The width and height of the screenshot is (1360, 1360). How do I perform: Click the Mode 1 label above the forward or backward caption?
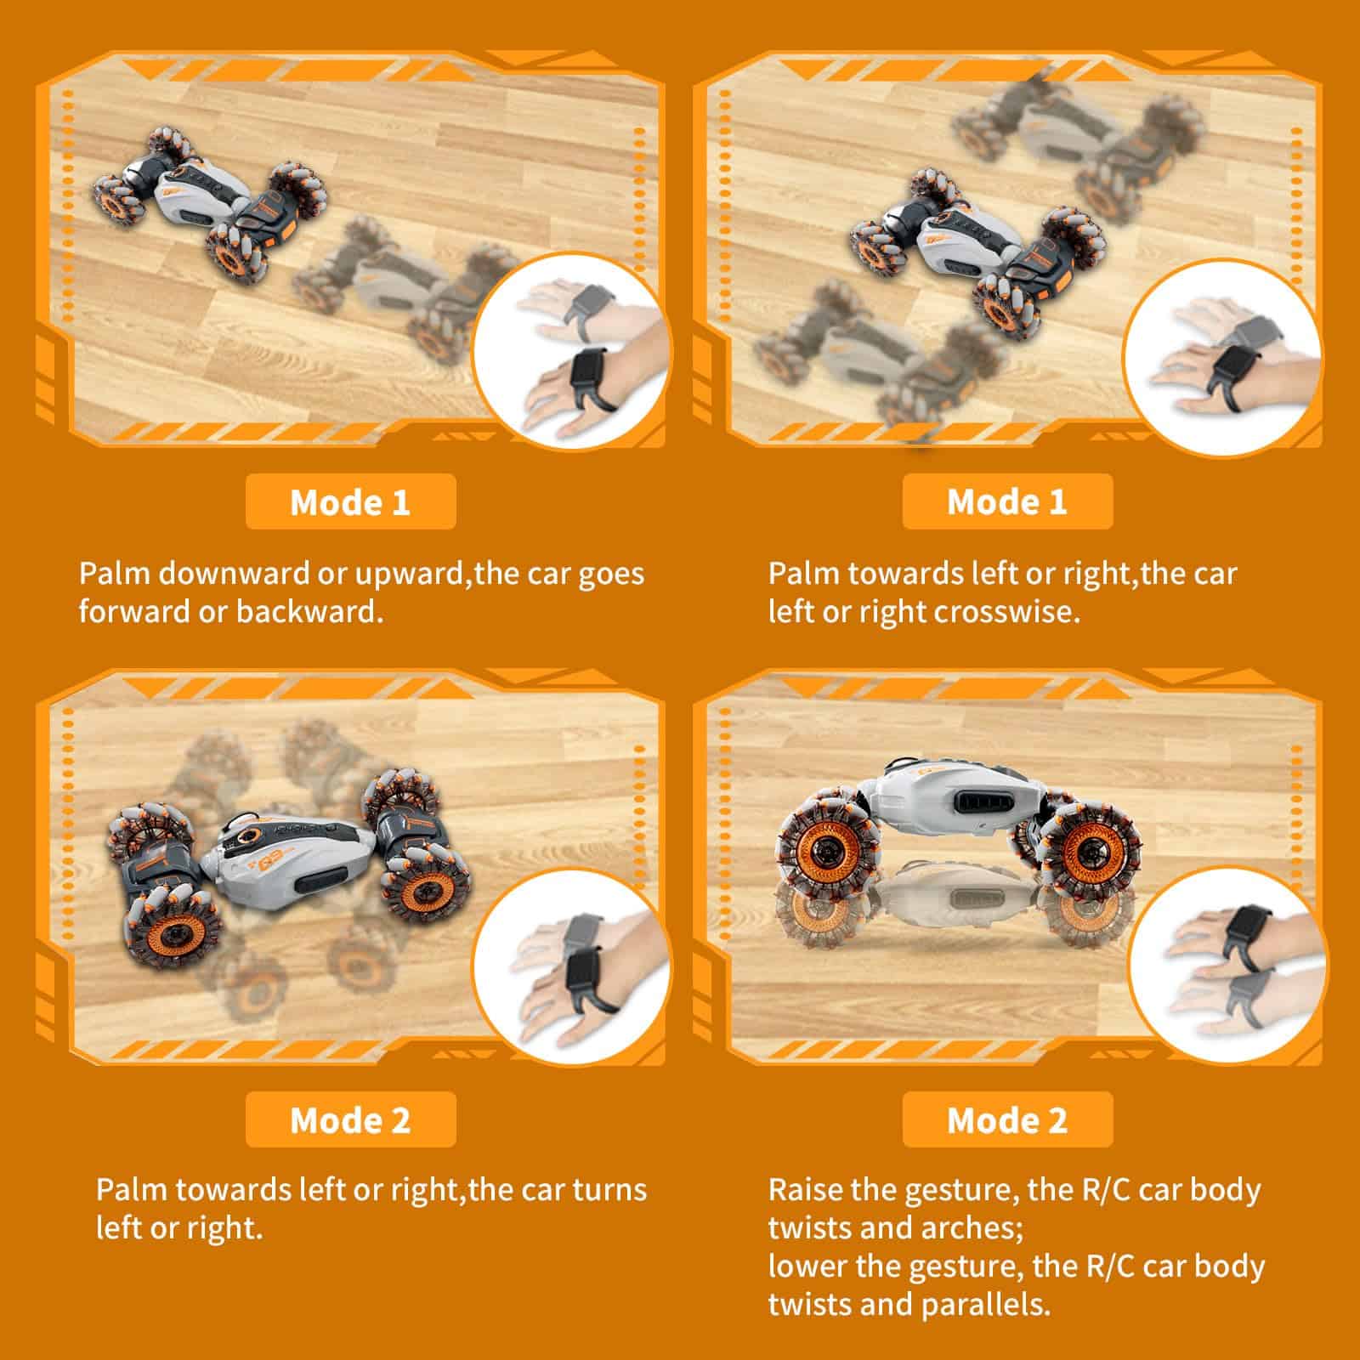pos(350,501)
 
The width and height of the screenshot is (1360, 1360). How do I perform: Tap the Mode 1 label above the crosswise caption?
pos(1007,501)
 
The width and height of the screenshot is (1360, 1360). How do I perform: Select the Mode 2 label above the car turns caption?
pos(350,1119)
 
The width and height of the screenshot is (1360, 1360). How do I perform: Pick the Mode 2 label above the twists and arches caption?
pos(1007,1119)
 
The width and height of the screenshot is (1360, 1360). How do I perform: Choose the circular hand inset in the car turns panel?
pos(572,964)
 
